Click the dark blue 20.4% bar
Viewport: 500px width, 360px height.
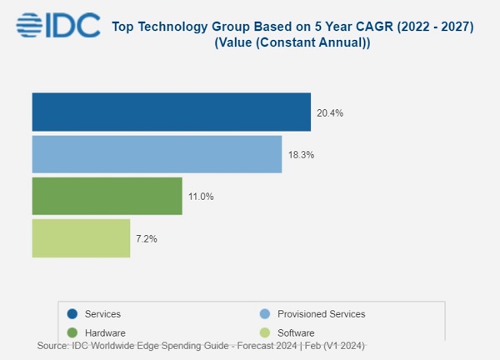click(x=171, y=112)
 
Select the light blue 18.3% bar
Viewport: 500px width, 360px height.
click(x=157, y=154)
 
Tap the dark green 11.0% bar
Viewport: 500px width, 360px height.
click(x=107, y=196)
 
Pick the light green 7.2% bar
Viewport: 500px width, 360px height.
click(x=81, y=238)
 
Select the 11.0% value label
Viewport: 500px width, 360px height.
click(x=199, y=197)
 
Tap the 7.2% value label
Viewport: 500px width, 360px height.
click(x=145, y=239)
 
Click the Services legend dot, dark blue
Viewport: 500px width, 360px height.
click(x=73, y=314)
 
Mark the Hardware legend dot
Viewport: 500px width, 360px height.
click(x=73, y=332)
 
